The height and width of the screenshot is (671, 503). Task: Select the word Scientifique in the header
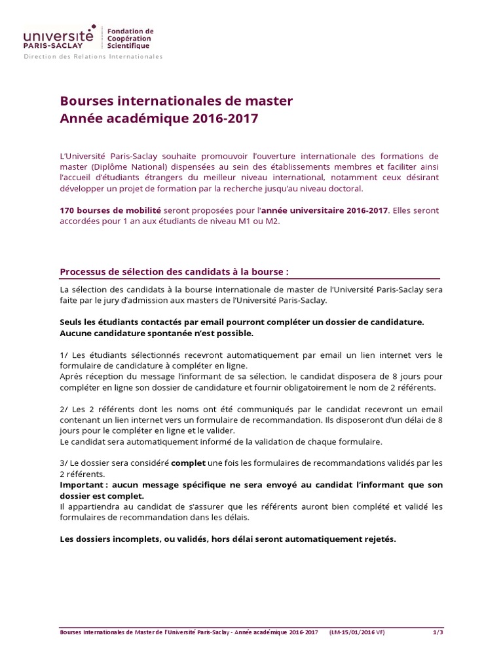point(128,46)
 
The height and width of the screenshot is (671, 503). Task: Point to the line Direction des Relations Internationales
point(93,57)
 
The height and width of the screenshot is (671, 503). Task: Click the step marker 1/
point(64,355)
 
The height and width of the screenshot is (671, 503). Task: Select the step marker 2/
point(64,409)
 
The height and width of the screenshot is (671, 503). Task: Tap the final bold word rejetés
point(378,539)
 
